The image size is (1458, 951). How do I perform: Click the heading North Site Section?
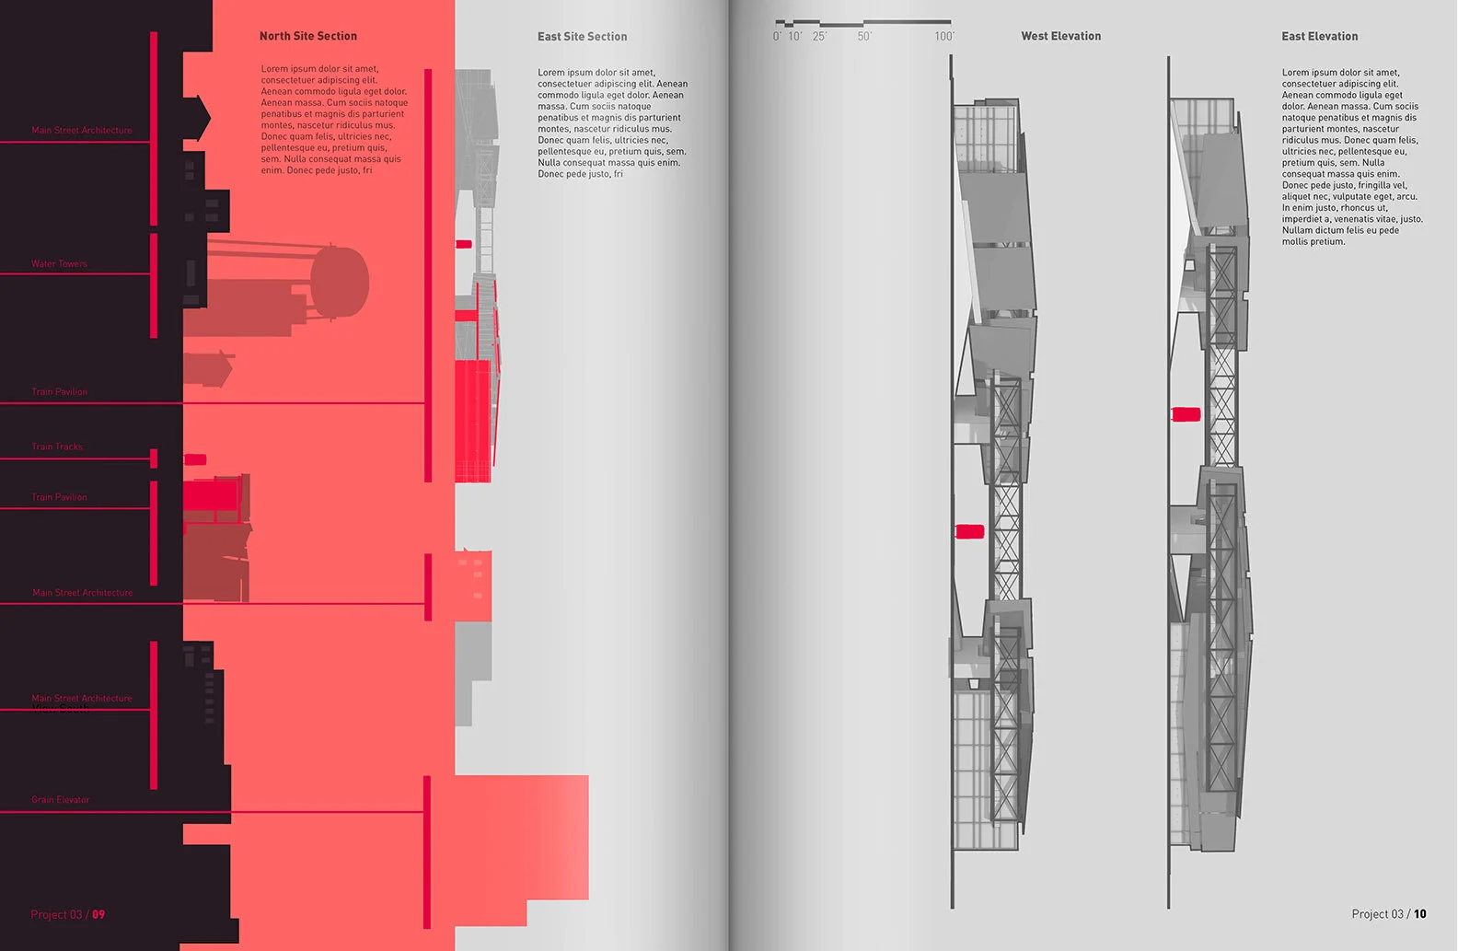[307, 36]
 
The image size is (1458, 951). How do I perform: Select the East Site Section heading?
[582, 37]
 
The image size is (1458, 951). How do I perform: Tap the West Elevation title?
[1060, 36]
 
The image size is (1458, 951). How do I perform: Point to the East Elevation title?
[1319, 36]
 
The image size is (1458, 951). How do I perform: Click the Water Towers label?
[59, 264]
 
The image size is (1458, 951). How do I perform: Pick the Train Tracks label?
[57, 447]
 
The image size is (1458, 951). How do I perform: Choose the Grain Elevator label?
[61, 800]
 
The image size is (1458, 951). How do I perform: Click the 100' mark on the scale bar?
[944, 37]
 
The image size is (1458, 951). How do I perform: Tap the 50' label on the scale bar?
[864, 37]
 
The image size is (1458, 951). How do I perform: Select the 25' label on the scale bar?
[819, 37]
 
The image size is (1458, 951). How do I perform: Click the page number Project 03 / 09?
[67, 914]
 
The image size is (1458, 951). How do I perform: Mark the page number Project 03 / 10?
[1388, 914]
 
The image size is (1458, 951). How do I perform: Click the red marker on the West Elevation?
[969, 531]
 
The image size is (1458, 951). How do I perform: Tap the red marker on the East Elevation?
[1186, 414]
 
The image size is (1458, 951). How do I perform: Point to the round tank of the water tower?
[340, 283]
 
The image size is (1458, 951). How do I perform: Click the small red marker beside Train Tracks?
[195, 459]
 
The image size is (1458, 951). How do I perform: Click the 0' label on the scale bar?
[777, 37]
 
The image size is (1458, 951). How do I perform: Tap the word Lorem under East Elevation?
[1295, 73]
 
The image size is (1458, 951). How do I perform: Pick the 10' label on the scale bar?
[794, 37]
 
